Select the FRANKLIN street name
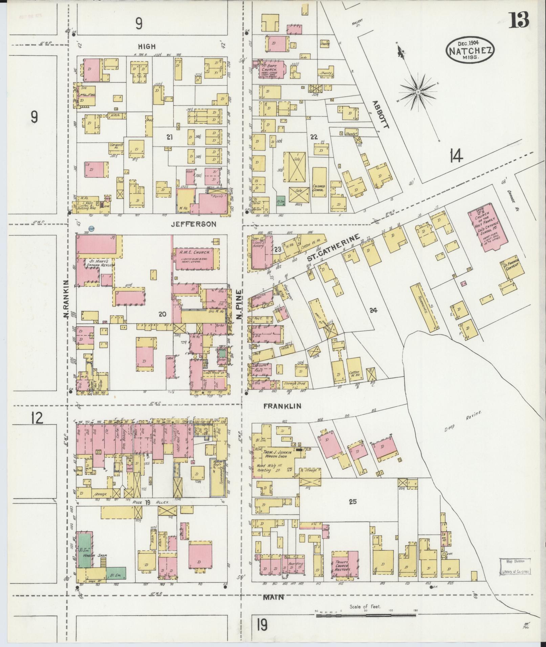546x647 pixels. [282, 406]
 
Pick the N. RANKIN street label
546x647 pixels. [66, 299]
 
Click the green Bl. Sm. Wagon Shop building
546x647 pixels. [85, 554]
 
